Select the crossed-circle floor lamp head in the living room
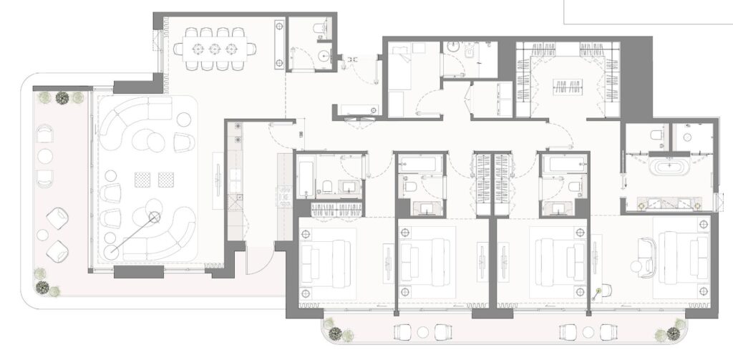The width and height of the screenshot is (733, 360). tap(153, 217)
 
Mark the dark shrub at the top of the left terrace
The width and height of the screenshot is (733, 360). tap(63, 97)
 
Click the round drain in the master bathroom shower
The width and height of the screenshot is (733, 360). tap(686, 137)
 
